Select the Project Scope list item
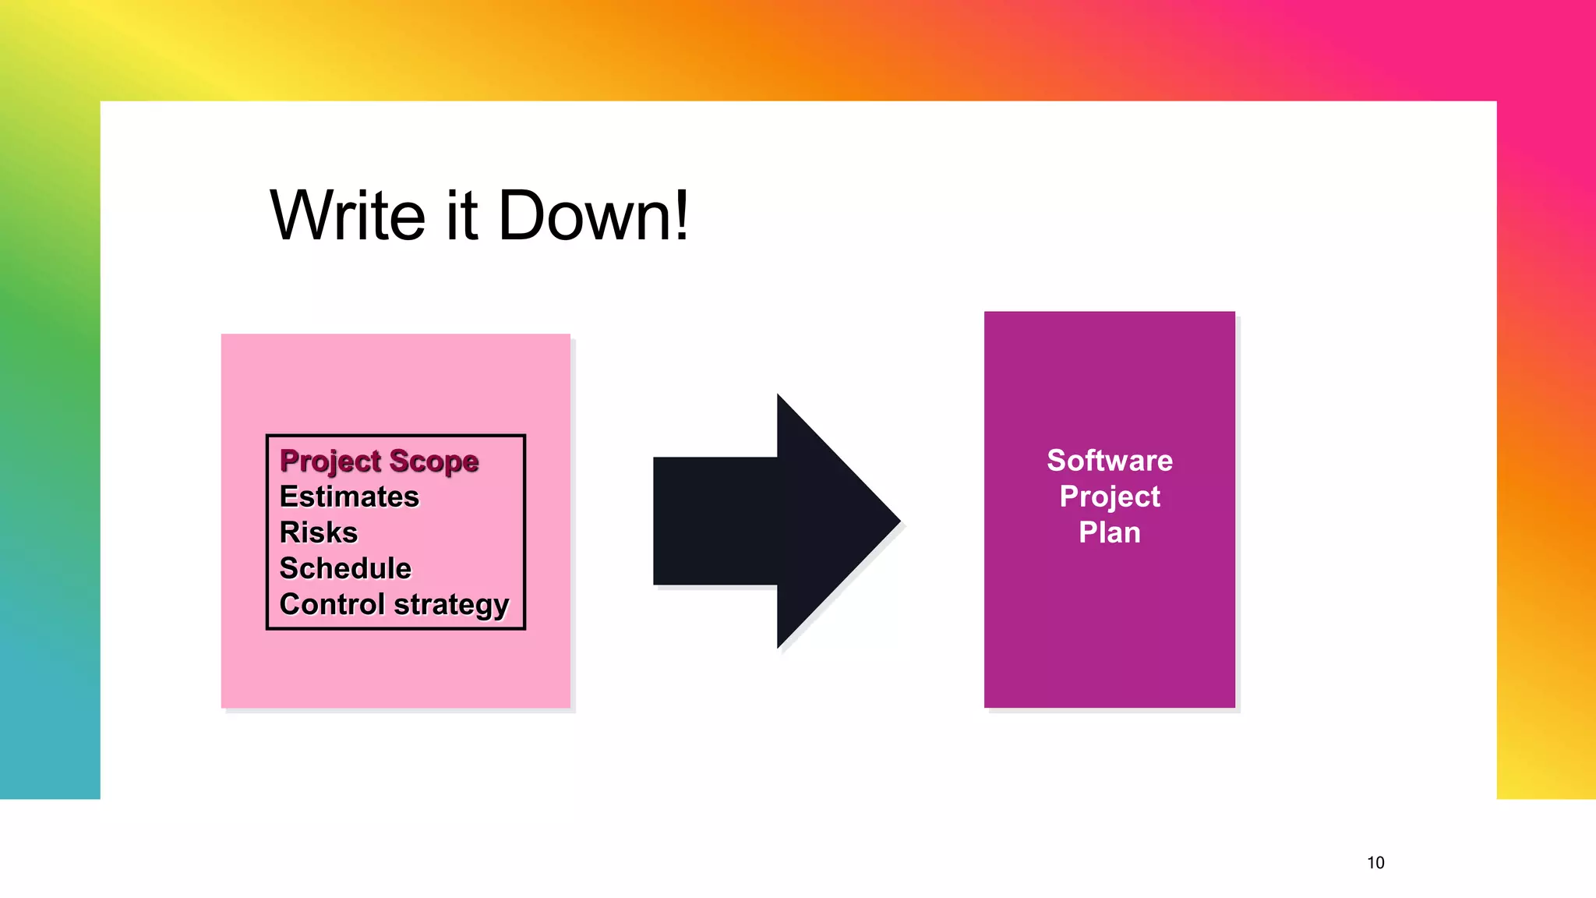click(x=379, y=461)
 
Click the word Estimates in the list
click(x=349, y=497)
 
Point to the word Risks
click(x=318, y=532)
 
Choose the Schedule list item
click(x=345, y=568)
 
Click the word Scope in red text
click(x=434, y=461)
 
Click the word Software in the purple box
click(x=1109, y=460)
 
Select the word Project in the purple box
click(x=1109, y=497)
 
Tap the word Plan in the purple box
click(x=1109, y=532)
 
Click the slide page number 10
click(x=1375, y=862)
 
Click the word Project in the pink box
click(x=330, y=461)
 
